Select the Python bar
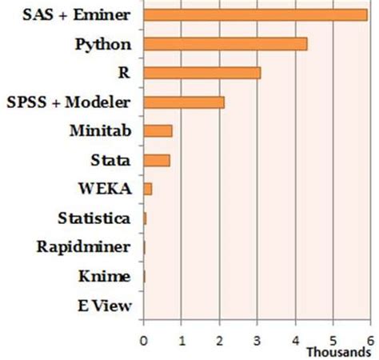coord(225,44)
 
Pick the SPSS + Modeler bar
coord(183,102)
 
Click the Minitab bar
coord(158,130)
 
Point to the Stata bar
coord(156,160)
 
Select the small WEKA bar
coord(147,189)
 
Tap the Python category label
coord(103,44)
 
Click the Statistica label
coord(94,218)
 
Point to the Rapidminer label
coord(84,247)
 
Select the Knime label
coord(105,276)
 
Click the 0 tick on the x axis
coord(143,339)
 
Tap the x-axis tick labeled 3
coord(257,339)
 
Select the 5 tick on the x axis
coord(333,339)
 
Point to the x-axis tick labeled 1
coord(182,339)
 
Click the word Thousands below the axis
coord(338,351)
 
